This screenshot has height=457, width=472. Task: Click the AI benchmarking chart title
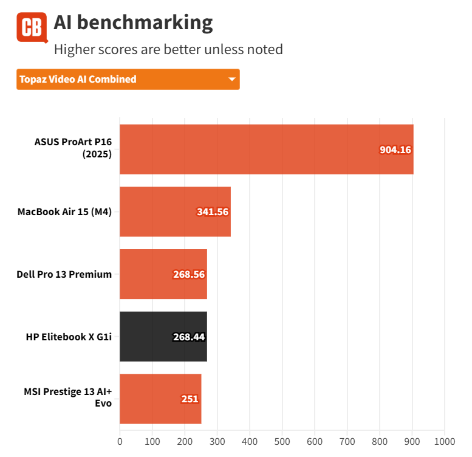point(133,22)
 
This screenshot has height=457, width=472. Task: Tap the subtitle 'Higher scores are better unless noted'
point(168,49)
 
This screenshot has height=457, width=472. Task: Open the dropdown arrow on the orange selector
point(231,80)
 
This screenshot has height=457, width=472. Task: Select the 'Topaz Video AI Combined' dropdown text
point(78,80)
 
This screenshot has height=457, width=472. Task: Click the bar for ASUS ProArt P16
point(266,149)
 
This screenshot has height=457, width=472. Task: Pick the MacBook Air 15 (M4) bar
point(175,211)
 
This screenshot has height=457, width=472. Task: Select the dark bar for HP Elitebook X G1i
point(163,337)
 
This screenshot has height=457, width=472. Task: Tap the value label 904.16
point(395,149)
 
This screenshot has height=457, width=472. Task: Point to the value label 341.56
point(212,212)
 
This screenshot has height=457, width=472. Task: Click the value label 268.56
point(188,274)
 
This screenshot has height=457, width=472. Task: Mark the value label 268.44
point(188,337)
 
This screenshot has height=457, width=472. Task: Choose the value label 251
point(190,399)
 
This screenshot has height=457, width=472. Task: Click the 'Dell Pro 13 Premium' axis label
point(64,274)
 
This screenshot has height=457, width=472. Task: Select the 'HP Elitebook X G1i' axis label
point(69,337)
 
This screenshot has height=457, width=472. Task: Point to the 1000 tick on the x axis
point(445,441)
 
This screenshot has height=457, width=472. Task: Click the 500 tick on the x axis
point(282,441)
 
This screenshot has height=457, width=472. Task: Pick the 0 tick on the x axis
point(120,441)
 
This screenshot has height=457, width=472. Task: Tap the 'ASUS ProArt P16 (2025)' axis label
point(73,148)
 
